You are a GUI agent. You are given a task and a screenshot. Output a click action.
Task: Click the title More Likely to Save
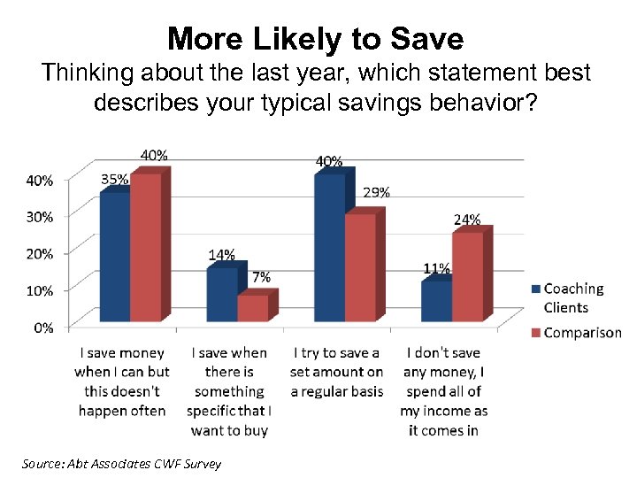[x=315, y=38]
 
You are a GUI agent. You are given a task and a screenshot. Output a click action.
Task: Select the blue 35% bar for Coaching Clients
[x=115, y=257]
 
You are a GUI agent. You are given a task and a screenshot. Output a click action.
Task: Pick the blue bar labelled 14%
[x=222, y=294]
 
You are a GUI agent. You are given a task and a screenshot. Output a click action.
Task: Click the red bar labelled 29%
[x=360, y=267]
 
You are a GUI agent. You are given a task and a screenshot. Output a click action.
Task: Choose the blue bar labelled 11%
[x=436, y=301]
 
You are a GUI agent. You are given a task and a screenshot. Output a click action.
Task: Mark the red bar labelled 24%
[x=467, y=276]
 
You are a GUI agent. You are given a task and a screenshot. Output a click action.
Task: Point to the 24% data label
[x=467, y=220]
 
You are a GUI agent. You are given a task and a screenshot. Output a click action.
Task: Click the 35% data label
[x=114, y=179]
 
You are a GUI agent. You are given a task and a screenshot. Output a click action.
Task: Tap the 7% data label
[x=261, y=277]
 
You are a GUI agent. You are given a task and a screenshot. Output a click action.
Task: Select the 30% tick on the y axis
[x=39, y=216]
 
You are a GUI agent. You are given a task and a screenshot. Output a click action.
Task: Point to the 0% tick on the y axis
[x=42, y=328]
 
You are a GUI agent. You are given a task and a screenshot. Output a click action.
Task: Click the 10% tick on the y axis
[x=39, y=290]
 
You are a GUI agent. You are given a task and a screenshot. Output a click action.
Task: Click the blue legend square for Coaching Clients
[x=535, y=289]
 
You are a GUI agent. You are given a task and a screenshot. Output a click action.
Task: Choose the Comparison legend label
[x=582, y=333]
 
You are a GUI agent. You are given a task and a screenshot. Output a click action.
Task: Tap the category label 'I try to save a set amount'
[x=336, y=372]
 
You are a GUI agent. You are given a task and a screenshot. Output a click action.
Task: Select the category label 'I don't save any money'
[x=443, y=391]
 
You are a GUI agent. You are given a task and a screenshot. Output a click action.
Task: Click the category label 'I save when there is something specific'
[x=229, y=391]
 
